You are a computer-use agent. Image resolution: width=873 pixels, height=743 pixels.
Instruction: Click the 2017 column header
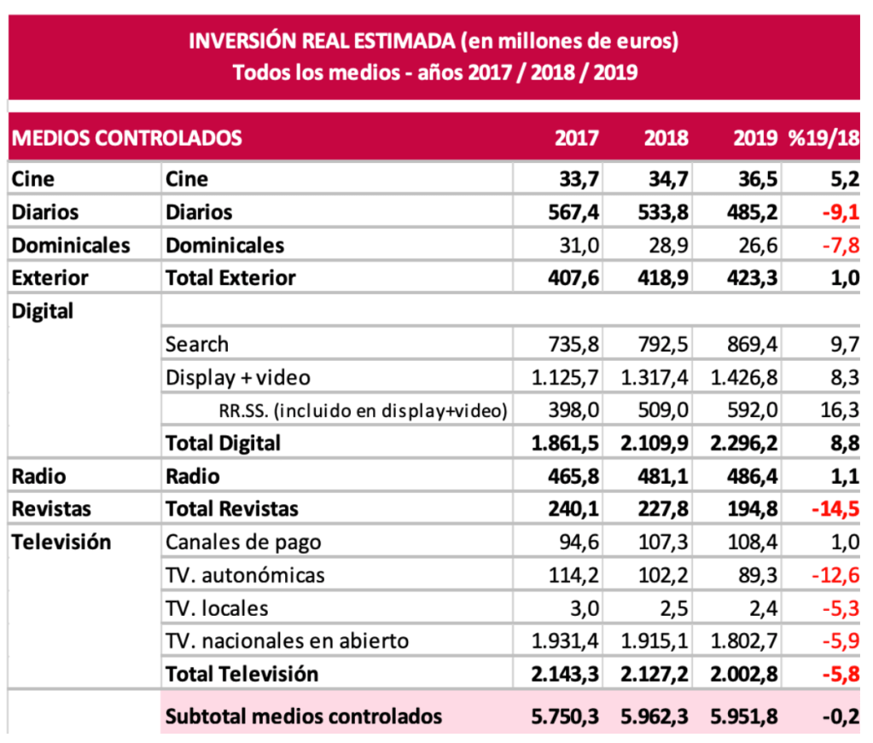[x=577, y=138]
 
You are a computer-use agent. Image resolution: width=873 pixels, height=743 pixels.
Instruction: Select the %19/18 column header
[x=824, y=138]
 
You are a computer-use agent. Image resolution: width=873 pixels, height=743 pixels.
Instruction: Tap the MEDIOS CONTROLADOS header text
[x=127, y=138]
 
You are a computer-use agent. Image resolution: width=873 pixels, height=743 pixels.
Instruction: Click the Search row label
[x=197, y=345]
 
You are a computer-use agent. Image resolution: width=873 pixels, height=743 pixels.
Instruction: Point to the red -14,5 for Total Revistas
[x=833, y=509]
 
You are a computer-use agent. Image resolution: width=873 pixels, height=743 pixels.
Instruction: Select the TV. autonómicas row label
[x=245, y=576]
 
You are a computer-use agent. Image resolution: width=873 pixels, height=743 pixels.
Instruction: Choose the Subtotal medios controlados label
[x=304, y=716]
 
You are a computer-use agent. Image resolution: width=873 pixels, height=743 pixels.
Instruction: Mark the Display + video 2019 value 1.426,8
[x=742, y=378]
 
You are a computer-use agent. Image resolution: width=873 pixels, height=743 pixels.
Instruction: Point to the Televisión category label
[x=61, y=543]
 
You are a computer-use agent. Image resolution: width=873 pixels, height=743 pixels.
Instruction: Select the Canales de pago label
[x=243, y=543]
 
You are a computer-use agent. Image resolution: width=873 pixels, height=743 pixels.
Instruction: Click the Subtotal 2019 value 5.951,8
[x=742, y=716]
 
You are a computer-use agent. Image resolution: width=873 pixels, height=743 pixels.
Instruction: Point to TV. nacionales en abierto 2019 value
[x=742, y=641]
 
